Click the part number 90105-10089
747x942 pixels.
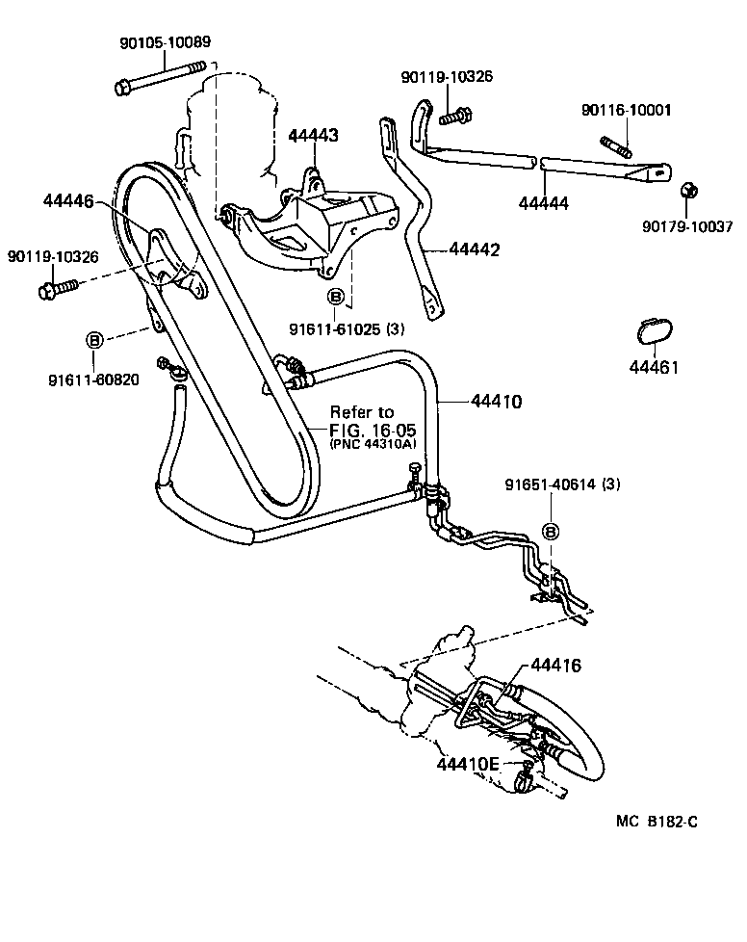tap(165, 42)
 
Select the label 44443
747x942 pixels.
tap(313, 136)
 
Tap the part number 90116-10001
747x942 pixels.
tap(626, 112)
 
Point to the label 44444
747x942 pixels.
tap(543, 203)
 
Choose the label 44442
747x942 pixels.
tap(474, 249)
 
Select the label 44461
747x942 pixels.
tap(654, 367)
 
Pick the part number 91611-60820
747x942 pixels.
tap(93, 379)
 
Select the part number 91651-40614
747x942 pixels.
tap(562, 484)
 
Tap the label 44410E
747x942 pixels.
tap(468, 764)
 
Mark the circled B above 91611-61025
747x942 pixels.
tap(335, 297)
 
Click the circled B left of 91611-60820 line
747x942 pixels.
tap(94, 340)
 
